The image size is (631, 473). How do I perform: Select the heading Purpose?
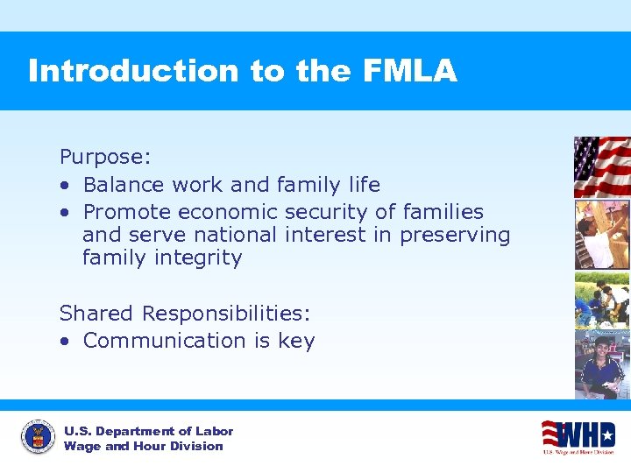click(x=105, y=157)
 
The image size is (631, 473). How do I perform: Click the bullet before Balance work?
click(x=66, y=185)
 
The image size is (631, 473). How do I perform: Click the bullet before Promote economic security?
click(x=66, y=212)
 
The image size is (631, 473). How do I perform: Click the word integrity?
click(x=200, y=258)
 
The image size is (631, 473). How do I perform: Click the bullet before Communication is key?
click(x=66, y=341)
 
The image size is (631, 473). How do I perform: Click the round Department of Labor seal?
click(x=37, y=438)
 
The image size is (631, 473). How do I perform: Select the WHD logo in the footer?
click(x=578, y=436)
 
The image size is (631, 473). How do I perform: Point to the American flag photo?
click(x=601, y=166)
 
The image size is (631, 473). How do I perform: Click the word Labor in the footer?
click(x=215, y=431)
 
